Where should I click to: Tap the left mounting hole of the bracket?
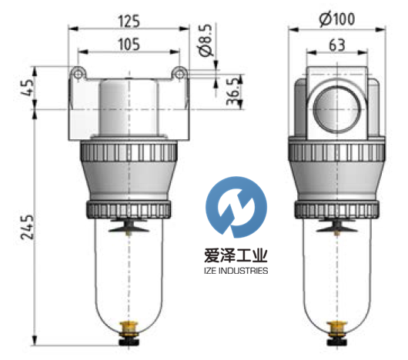pyautogui.click(x=76, y=73)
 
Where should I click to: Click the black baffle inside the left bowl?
pyautogui.click(x=128, y=228)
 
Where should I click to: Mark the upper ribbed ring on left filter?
pyautogui.click(x=128, y=151)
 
